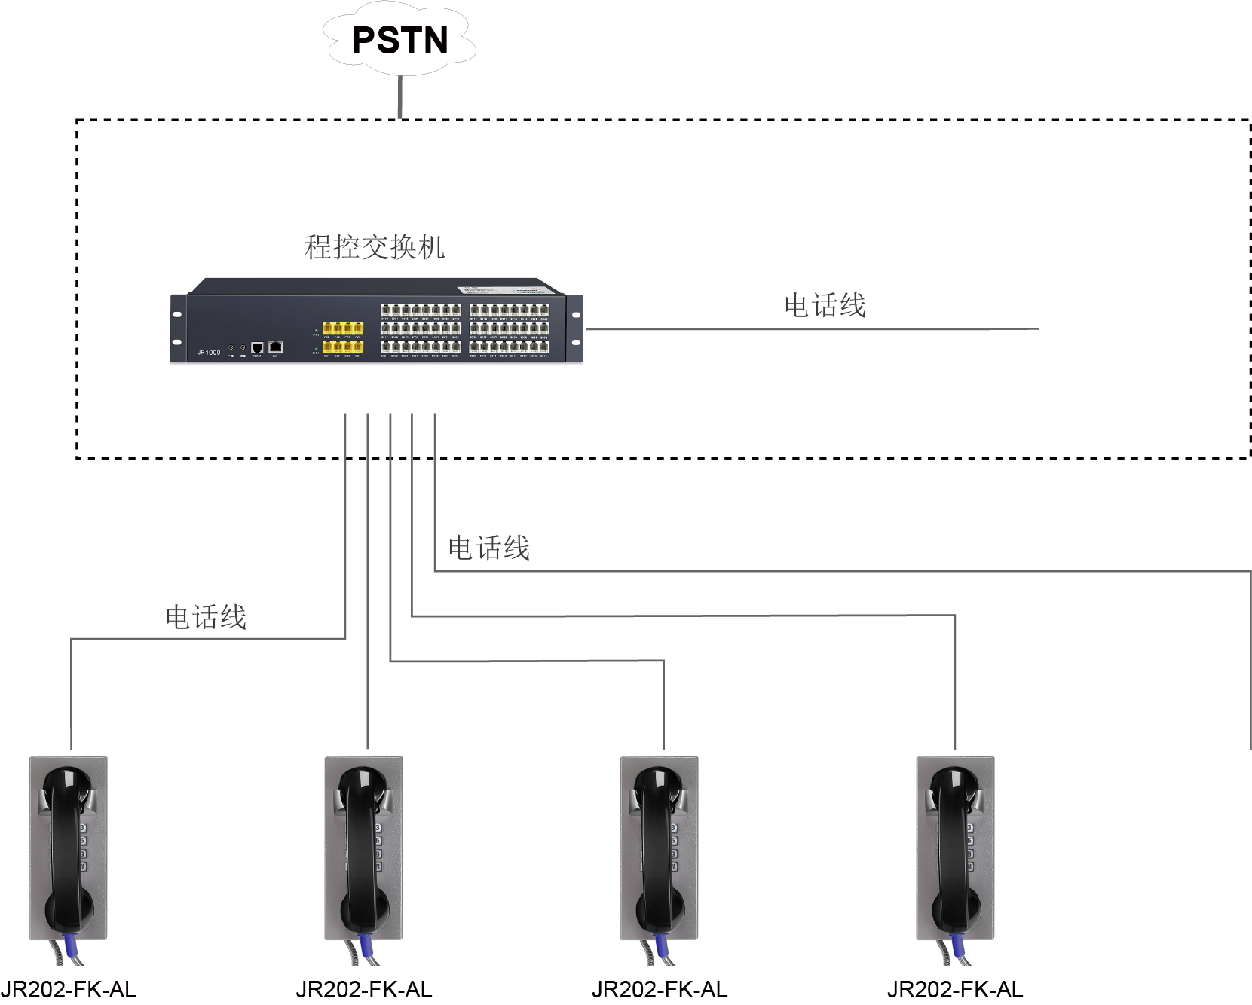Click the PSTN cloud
pos(400,41)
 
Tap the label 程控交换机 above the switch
pos(374,247)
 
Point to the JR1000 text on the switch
pos(209,352)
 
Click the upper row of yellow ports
pos(342,328)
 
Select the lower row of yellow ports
pos(342,347)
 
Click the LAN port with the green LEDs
pos(275,347)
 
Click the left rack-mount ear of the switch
pos(178,328)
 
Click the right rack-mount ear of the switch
pos(576,328)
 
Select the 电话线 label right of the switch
pos(825,306)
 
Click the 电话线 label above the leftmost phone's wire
pos(206,618)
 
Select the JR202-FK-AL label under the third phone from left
pos(660,990)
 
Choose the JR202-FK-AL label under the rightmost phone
pos(955,990)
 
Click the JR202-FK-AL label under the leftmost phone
pos(69,990)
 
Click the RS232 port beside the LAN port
pos(257,347)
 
